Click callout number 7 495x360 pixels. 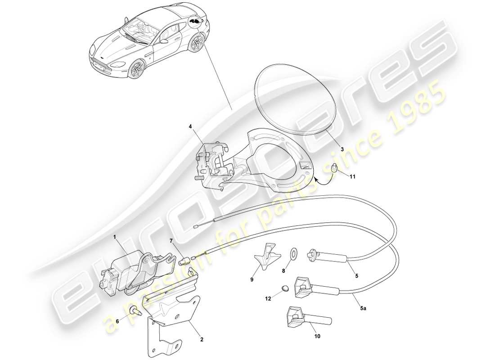click(171, 242)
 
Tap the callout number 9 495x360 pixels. click(252, 279)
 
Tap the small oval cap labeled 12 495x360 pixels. click(284, 288)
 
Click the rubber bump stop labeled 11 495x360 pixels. click(334, 169)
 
